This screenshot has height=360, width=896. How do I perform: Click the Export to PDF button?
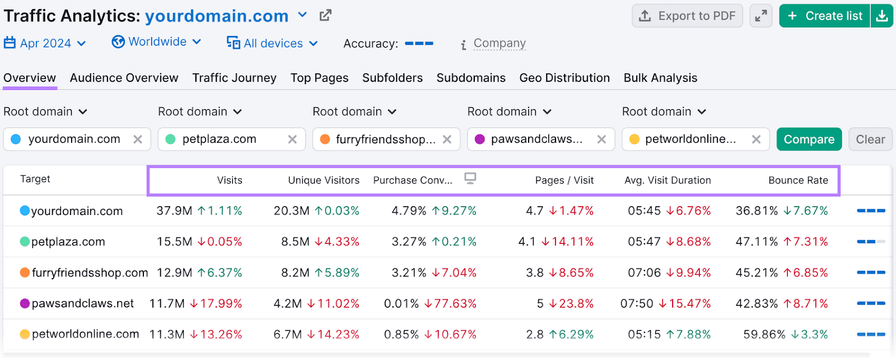tap(687, 16)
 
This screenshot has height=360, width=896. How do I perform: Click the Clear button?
tap(870, 139)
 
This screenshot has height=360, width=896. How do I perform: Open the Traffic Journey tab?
tap(234, 78)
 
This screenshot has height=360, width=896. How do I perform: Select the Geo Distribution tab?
tap(564, 78)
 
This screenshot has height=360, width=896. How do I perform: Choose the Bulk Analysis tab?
tap(660, 78)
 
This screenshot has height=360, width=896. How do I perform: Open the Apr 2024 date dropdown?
tap(45, 43)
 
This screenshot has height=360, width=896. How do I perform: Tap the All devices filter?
tap(272, 43)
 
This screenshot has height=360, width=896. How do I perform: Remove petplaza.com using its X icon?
tap(292, 139)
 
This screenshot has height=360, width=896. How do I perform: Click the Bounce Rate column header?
tap(798, 180)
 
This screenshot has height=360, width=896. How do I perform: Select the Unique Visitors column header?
tap(323, 180)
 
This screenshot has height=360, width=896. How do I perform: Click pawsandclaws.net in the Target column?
tap(82, 303)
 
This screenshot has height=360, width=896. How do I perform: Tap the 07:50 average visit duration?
tap(636, 303)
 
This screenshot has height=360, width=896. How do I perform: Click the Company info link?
tap(499, 43)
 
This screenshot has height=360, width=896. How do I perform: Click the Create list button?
tap(825, 16)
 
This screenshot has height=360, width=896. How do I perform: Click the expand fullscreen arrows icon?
tap(760, 16)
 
